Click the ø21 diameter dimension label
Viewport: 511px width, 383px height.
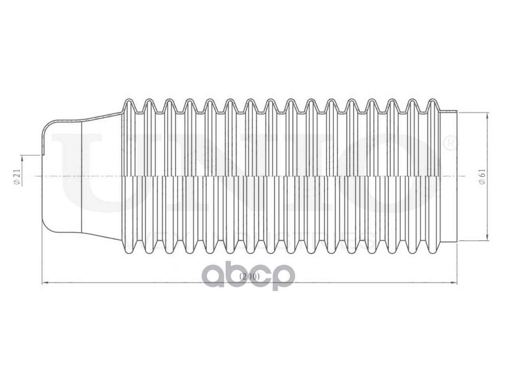(16, 176)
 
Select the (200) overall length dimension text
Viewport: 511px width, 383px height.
(250, 276)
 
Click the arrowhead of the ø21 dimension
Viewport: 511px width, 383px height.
(22, 158)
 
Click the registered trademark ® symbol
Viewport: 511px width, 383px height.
(449, 144)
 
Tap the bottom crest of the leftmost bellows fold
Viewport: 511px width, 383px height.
(129, 251)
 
